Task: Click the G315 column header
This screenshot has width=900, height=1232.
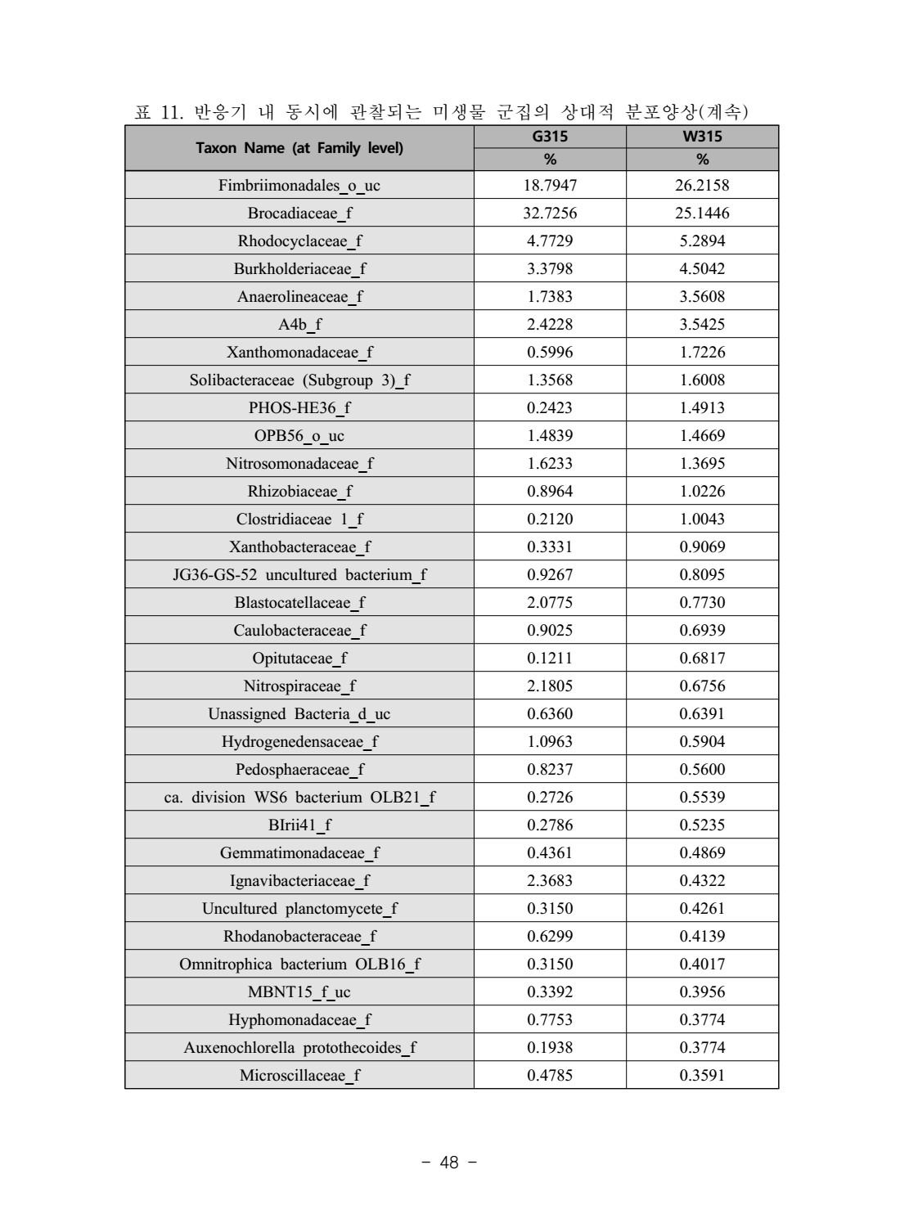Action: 550,137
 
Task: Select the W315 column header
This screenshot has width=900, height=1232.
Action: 702,137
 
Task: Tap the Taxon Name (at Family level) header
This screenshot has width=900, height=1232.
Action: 299,148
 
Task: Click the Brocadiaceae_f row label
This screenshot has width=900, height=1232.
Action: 299,214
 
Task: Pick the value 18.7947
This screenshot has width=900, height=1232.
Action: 550,186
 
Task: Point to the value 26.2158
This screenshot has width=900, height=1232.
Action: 702,186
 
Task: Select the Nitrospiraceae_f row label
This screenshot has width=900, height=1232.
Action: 299,686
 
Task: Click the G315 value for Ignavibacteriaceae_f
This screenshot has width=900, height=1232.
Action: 550,881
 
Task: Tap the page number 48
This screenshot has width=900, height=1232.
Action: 449,1162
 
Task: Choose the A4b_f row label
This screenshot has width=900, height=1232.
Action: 299,325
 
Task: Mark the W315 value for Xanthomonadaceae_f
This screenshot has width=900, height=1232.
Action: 702,353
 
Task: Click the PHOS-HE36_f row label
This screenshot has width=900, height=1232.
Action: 299,408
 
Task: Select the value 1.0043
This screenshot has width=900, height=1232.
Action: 702,519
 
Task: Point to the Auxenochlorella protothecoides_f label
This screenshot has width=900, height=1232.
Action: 299,1048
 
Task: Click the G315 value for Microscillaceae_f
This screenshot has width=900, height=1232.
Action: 550,1076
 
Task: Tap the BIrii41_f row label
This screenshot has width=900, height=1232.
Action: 299,825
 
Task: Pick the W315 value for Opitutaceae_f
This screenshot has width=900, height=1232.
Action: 702,659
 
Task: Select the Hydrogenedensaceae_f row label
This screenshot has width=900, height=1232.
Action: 299,742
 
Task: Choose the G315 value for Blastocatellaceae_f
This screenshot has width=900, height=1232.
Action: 550,603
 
